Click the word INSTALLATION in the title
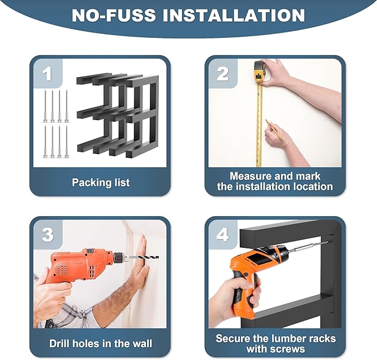pyautogui.click(x=234, y=16)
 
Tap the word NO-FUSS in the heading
pyautogui.click(x=114, y=16)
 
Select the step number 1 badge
pyautogui.click(x=47, y=74)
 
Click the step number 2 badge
pyautogui.click(x=223, y=74)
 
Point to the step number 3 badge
pyautogui.click(x=47, y=235)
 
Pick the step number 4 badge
pyautogui.click(x=223, y=235)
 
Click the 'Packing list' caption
pyautogui.click(x=101, y=183)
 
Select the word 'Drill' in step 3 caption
pyautogui.click(x=59, y=343)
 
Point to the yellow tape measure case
pyautogui.click(x=260, y=73)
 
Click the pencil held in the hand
pyautogui.click(x=274, y=130)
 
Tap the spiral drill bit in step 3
pyautogui.click(x=144, y=258)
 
